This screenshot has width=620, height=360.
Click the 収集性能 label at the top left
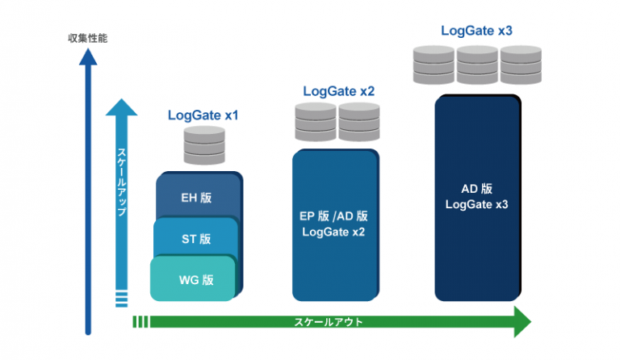pos(88,38)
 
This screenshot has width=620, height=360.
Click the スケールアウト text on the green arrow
pos(327,321)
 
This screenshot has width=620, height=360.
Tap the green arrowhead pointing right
pos(521,321)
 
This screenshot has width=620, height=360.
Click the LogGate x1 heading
pos(203,115)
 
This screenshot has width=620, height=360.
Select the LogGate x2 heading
pos(338,91)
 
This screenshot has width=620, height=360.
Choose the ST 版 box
pos(195,239)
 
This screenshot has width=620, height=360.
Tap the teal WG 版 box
pos(194,280)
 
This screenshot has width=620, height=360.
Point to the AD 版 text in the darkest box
pos(477,189)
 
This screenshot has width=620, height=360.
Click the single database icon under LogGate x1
pos(203,146)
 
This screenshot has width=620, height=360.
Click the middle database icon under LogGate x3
pos(476,63)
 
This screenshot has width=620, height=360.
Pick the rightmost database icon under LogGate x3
pos(520,63)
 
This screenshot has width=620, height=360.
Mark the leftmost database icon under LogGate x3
pos(433,63)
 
